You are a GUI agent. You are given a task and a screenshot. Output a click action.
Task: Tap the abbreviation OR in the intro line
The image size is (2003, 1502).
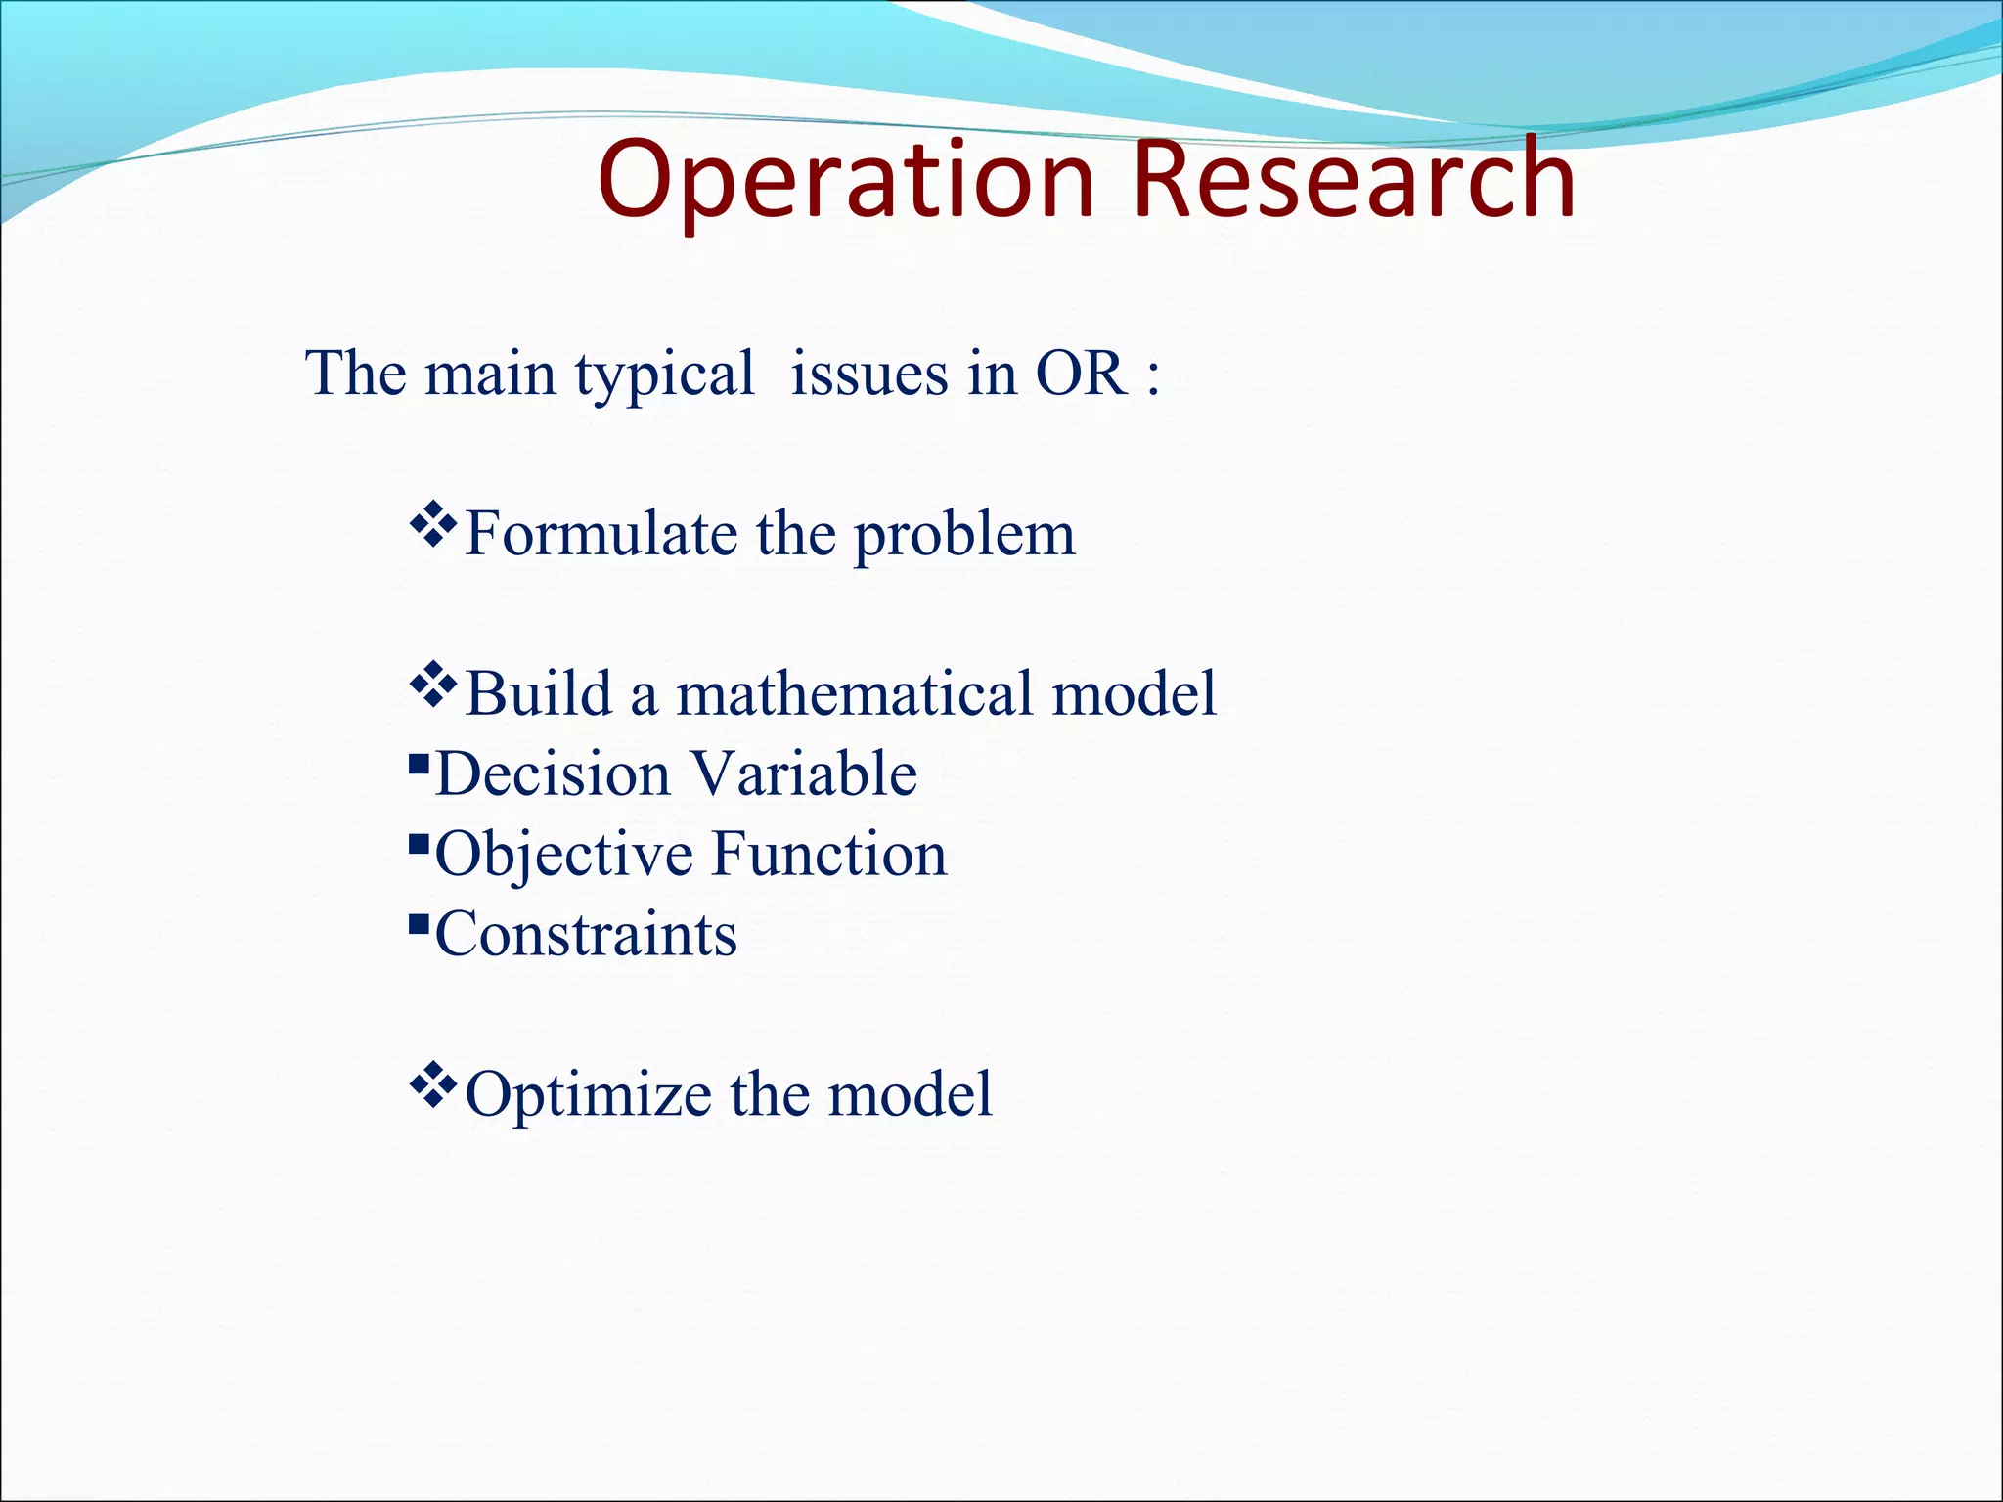[x=1080, y=374]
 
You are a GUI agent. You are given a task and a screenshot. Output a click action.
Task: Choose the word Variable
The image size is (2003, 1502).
[x=804, y=773]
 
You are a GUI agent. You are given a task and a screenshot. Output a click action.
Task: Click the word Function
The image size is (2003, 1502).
[x=829, y=854]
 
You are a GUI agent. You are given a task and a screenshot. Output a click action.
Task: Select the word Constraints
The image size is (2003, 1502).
[x=586, y=934]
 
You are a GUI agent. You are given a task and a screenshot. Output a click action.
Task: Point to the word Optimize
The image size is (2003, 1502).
[x=588, y=1095]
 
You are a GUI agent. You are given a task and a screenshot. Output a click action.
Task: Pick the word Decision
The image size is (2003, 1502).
[x=553, y=773]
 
